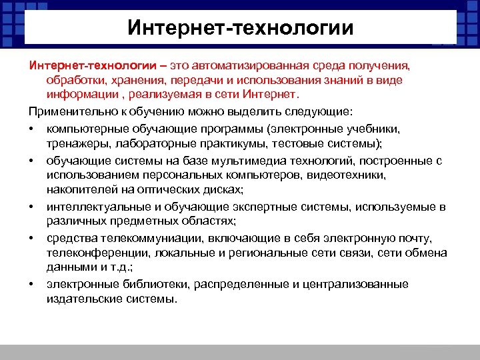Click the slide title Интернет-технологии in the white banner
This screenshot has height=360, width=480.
click(x=240, y=29)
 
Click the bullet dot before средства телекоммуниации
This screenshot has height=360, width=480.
click(x=32, y=239)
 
